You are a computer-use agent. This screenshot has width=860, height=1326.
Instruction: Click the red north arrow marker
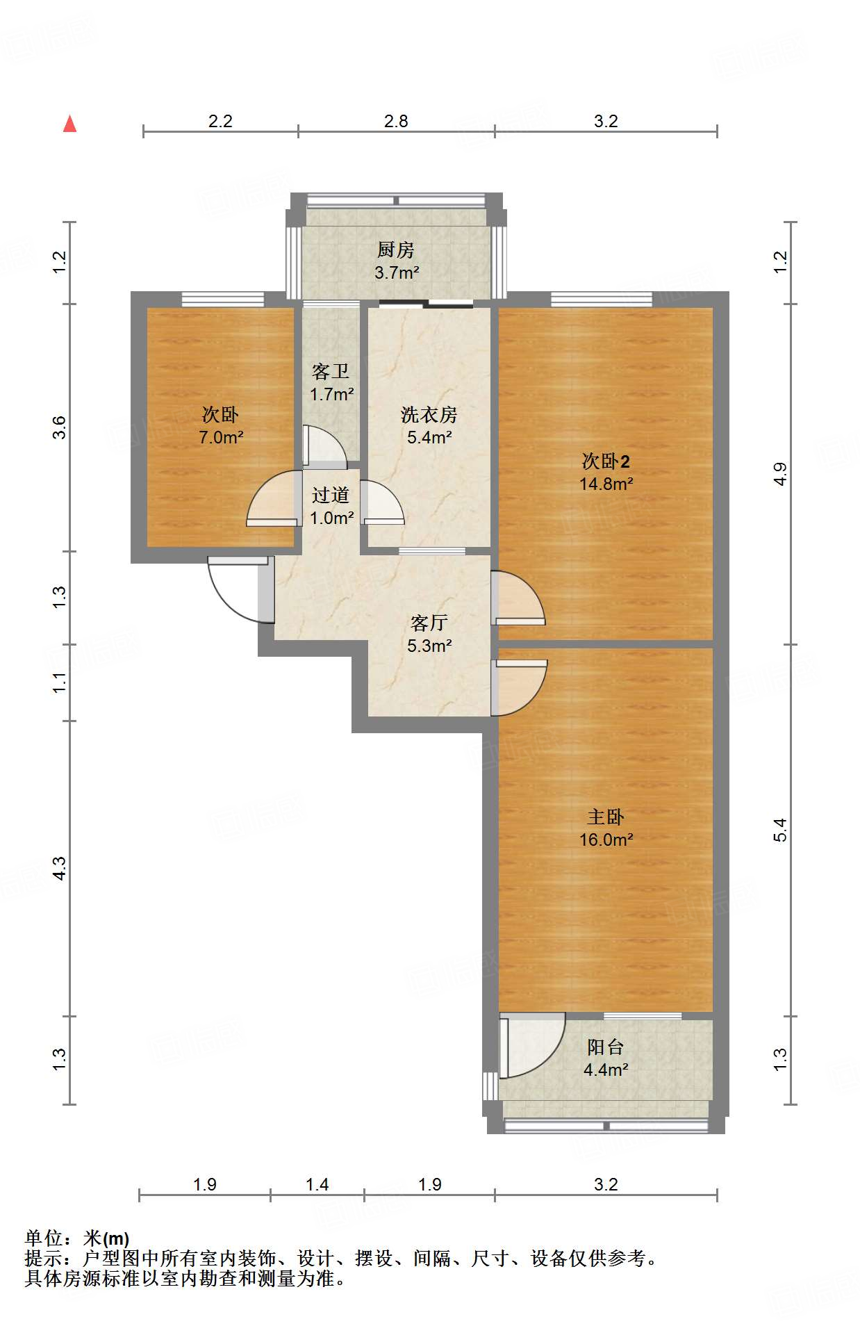(x=69, y=124)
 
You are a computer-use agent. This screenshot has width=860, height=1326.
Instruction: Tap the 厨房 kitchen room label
(x=396, y=260)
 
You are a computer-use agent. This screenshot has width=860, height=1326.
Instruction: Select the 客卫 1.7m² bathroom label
(x=331, y=382)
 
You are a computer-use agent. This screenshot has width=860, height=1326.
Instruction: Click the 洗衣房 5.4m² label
(x=429, y=425)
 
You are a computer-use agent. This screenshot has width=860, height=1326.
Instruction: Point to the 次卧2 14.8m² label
(x=606, y=472)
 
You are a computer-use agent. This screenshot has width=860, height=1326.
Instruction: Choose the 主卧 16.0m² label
(x=606, y=828)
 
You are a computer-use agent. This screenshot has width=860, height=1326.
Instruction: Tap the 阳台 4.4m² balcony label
(x=606, y=1058)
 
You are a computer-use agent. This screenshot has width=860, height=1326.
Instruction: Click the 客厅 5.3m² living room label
(x=429, y=634)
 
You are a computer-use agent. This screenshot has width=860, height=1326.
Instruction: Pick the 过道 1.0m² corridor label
(x=331, y=506)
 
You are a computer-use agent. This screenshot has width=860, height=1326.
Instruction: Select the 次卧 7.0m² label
(x=220, y=425)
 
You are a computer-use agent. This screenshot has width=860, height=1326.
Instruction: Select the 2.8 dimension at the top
(x=396, y=122)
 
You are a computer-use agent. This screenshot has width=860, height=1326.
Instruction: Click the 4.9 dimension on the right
(x=780, y=474)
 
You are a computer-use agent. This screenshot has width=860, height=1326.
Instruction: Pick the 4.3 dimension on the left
(x=60, y=869)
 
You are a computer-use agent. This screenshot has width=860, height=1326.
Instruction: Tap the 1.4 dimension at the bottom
(x=317, y=1184)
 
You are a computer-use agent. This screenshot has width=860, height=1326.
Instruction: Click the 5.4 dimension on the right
(x=780, y=830)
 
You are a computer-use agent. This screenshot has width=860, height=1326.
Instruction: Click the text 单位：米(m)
(x=77, y=1238)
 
